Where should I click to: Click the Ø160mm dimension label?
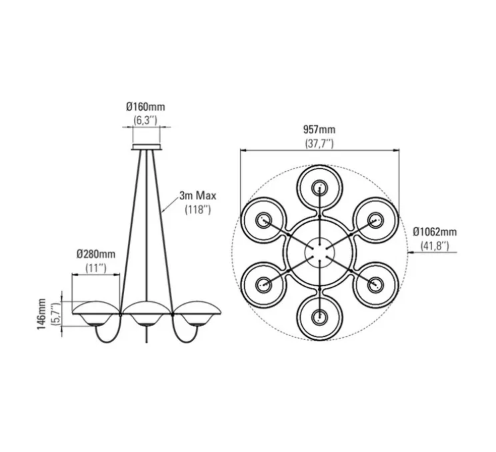pyautogui.click(x=145, y=107)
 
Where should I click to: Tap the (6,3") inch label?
pyautogui.click(x=145, y=120)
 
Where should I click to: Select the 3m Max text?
pyautogui.click(x=198, y=195)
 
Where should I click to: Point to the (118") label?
pyautogui.click(x=198, y=209)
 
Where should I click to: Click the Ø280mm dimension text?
pyautogui.click(x=96, y=254)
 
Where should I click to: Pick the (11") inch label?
pyautogui.click(x=96, y=268)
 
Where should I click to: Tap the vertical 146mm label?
pyautogui.click(x=42, y=313)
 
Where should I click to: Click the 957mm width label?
pyautogui.click(x=319, y=129)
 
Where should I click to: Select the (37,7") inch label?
pyautogui.click(x=319, y=143)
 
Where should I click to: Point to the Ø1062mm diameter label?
pyautogui.click(x=435, y=232)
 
